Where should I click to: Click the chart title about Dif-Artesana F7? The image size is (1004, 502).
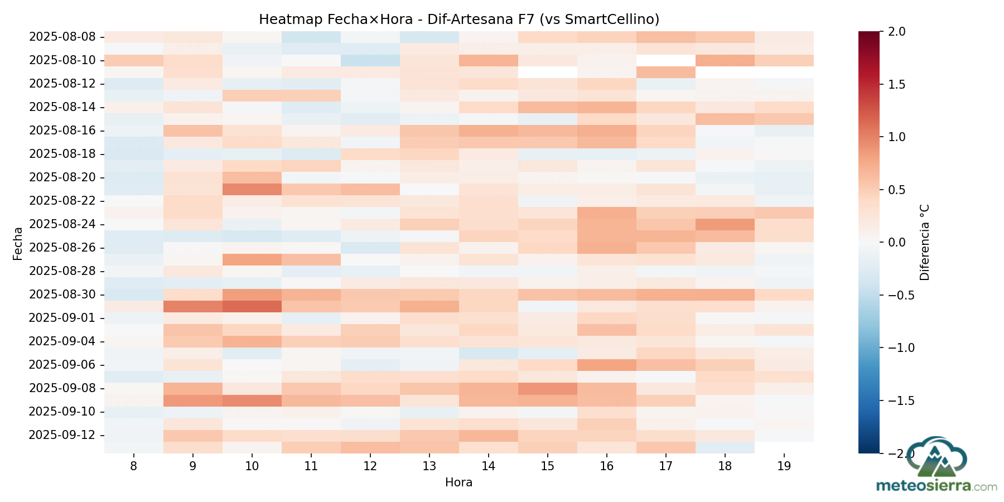[459, 20]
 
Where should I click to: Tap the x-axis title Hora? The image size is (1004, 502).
[458, 482]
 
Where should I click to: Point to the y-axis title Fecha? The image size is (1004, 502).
[18, 243]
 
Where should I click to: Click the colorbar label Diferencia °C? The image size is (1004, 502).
[924, 242]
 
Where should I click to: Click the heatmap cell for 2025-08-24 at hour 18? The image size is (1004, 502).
[725, 224]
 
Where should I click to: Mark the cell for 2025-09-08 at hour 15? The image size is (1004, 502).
[547, 388]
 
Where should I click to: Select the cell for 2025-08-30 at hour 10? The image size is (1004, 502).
[252, 295]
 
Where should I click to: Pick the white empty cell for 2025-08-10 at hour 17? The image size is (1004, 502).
[665, 60]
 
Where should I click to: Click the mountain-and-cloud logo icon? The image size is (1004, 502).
[937, 457]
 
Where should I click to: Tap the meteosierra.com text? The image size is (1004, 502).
[937, 486]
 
